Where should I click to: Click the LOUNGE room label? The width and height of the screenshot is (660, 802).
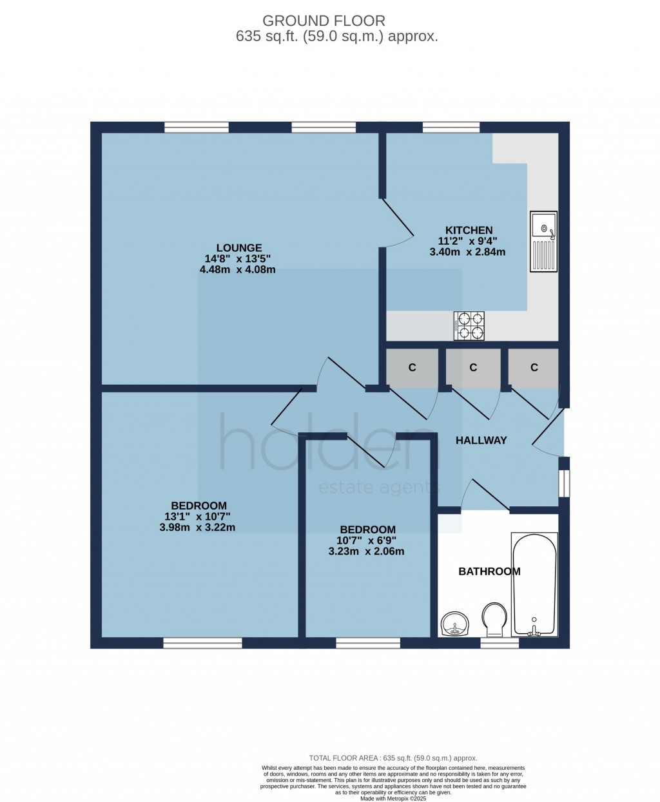pyautogui.click(x=238, y=247)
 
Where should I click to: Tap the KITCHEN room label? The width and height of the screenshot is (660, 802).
pyautogui.click(x=469, y=230)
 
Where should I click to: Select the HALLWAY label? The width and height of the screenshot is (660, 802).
pyautogui.click(x=481, y=441)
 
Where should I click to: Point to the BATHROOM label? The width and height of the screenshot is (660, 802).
pyautogui.click(x=489, y=571)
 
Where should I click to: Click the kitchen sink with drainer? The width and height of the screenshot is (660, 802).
pyautogui.click(x=543, y=242)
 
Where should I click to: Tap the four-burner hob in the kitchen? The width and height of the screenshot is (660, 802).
pyautogui.click(x=469, y=325)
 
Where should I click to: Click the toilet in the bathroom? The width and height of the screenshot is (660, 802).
pyautogui.click(x=494, y=618)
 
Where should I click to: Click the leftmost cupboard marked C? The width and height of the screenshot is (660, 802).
pyautogui.click(x=412, y=368)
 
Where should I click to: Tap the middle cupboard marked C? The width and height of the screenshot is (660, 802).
pyautogui.click(x=473, y=368)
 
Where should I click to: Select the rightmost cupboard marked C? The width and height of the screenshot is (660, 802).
pyautogui.click(x=534, y=368)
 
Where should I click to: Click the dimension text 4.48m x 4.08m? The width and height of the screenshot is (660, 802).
pyautogui.click(x=237, y=270)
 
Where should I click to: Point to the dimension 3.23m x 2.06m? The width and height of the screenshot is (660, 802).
pyautogui.click(x=366, y=551)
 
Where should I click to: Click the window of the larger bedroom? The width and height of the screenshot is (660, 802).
pyautogui.click(x=202, y=642)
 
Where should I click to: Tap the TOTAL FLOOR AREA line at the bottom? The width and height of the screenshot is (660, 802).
pyautogui.click(x=393, y=758)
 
